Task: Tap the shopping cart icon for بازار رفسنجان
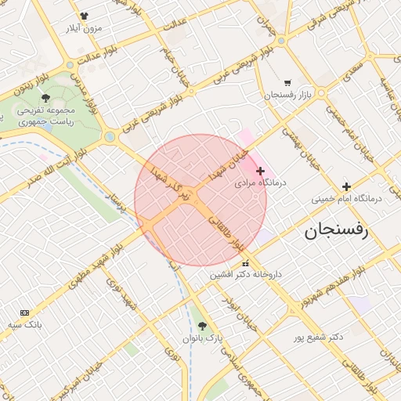[x=287, y=82]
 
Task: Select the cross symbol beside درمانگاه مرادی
[x=261, y=171]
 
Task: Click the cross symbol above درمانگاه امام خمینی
[x=346, y=186]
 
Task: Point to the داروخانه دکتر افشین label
[x=247, y=275]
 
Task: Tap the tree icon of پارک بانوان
[x=203, y=326]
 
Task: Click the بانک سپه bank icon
[x=23, y=312]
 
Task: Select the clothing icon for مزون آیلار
[x=84, y=16]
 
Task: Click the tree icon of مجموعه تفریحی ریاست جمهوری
[x=45, y=99]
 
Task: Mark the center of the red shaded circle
[x=200, y=200]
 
